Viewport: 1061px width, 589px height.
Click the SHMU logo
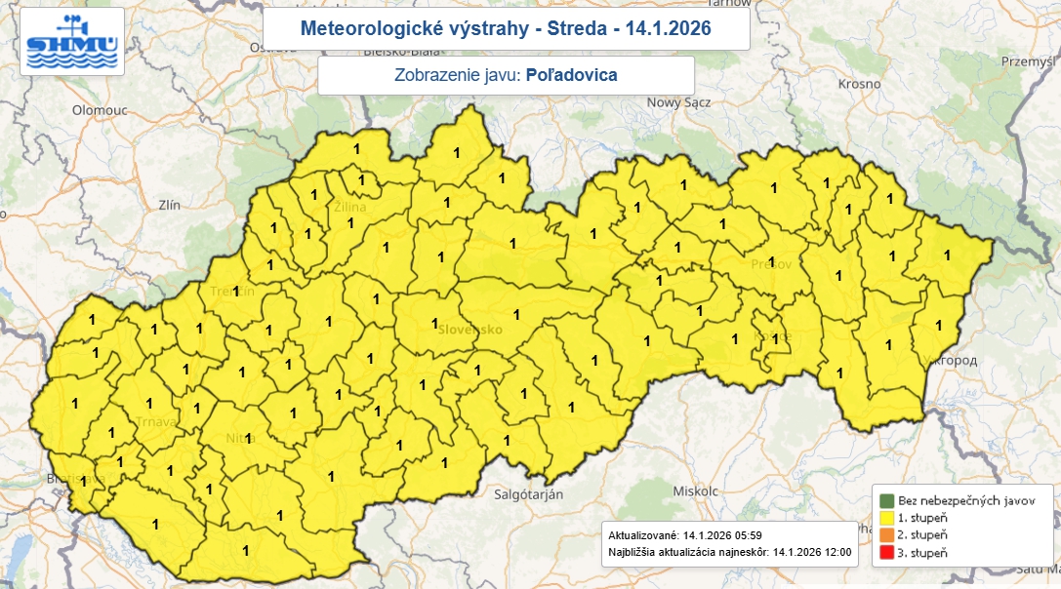click(72, 42)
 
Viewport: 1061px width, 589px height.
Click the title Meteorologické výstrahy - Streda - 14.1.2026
click(506, 29)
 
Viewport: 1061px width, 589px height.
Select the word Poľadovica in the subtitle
click(571, 75)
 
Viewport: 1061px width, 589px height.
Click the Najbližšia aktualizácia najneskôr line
click(729, 553)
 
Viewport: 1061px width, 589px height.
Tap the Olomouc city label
click(100, 111)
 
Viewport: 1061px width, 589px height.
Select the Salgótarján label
click(527, 494)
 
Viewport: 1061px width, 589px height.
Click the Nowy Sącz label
click(676, 102)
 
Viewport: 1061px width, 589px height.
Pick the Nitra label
click(240, 439)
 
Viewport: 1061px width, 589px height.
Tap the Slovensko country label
click(469, 330)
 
